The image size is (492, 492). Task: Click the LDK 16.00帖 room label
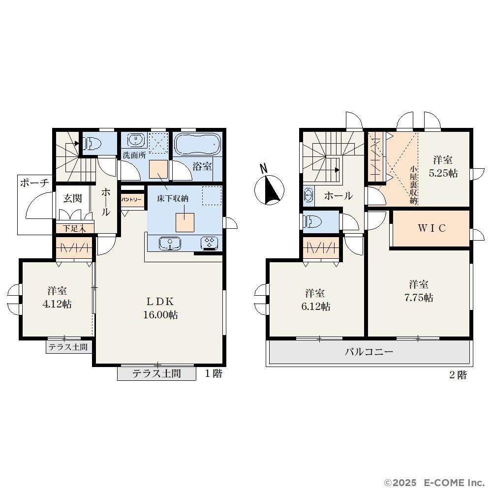pos(160,308)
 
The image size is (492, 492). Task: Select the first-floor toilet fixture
pos(92,144)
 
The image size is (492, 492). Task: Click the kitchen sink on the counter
pos(170,244)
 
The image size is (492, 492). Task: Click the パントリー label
pos(132,200)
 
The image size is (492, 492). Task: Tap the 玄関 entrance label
pos(72,198)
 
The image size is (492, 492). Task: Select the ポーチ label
pos(34,183)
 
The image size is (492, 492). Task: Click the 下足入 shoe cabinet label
pos(74,228)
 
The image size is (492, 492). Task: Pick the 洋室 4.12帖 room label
pos(57,298)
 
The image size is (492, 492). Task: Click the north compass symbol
pos(269,186)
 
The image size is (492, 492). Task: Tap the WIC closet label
pos(432,228)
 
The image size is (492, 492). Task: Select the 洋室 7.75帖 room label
pos(419,291)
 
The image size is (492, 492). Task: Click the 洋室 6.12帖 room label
pos(316,300)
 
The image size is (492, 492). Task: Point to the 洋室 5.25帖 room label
pos(443,166)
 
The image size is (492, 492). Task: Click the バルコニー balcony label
pos(369,351)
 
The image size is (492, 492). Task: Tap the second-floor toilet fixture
pos(313,222)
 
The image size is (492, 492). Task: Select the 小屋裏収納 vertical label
pos(413,185)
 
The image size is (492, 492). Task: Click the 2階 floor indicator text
pos(458,375)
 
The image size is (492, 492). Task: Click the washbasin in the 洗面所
pos(136,139)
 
